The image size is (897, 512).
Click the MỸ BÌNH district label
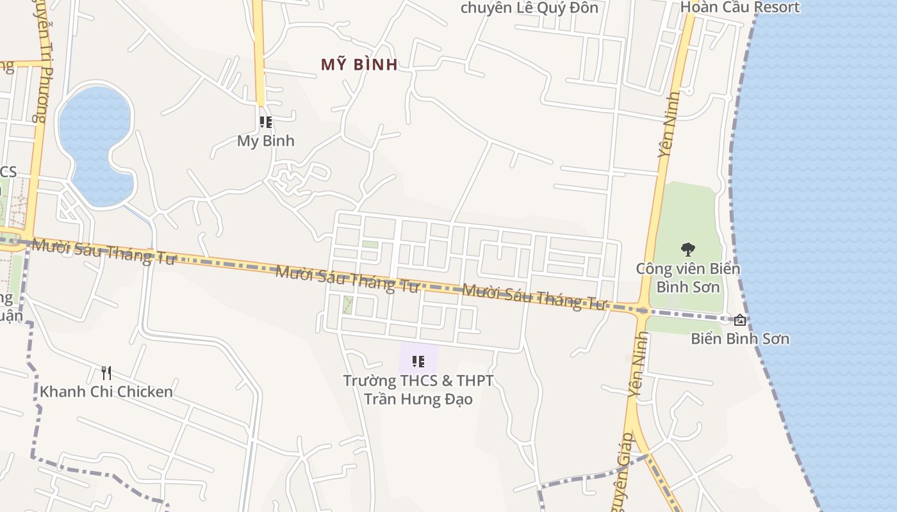359,64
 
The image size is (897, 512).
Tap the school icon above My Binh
265,122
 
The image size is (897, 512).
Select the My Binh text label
265,141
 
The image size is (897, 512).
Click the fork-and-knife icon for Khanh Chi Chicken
106,372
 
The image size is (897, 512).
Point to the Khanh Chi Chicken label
106,392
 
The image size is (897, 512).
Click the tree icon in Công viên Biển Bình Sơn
687,249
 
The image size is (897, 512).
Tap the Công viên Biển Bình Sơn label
687,277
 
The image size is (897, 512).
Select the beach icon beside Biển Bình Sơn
740,319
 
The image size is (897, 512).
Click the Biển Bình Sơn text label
740,339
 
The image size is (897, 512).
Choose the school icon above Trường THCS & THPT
418,362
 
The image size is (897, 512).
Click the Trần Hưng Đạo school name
418,399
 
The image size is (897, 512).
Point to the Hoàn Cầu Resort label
740,8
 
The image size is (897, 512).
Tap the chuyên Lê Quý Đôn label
529,8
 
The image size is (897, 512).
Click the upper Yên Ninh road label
669,125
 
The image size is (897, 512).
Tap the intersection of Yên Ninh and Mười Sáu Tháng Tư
641,310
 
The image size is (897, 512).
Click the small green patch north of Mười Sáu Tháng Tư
370,244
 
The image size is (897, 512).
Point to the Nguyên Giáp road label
624,474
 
